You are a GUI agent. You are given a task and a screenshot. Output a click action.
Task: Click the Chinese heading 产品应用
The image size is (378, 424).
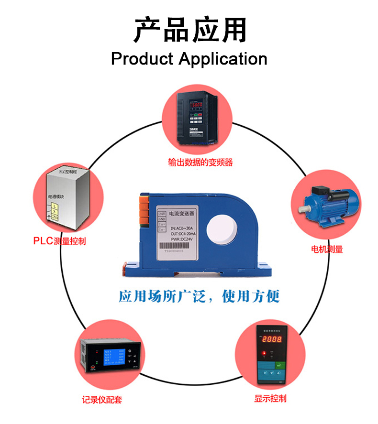(189, 29)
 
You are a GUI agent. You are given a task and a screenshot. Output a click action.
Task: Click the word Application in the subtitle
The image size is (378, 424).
(223, 59)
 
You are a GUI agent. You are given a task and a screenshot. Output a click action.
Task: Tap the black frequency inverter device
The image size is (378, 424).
(197, 118)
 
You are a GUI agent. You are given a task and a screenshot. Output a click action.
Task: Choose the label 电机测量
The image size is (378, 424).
(327, 249)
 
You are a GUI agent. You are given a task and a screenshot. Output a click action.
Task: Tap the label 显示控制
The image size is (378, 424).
(270, 398)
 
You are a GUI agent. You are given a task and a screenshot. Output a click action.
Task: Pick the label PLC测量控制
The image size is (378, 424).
(59, 241)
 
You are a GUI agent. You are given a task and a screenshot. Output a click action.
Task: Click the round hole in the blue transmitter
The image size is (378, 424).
(224, 227)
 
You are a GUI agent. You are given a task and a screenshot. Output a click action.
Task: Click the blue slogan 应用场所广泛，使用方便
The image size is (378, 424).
(199, 296)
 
